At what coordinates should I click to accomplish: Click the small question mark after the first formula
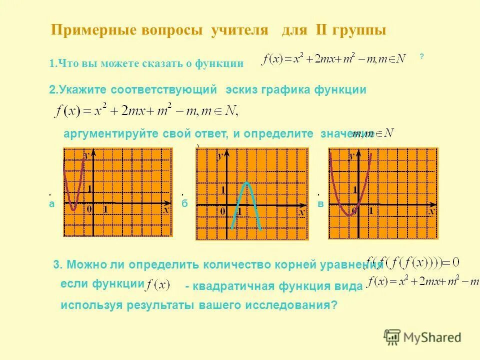pyautogui.click(x=422, y=57)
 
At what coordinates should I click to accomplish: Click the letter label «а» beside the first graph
pyautogui.click(x=51, y=203)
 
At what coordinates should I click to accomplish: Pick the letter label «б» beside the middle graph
pyautogui.click(x=184, y=204)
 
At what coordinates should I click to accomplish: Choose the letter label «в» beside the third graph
pyautogui.click(x=320, y=204)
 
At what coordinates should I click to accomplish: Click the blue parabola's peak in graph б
pyautogui.click(x=246, y=183)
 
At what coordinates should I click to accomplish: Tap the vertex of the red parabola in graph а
pyautogui.click(x=73, y=209)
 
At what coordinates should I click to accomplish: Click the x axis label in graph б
pyautogui.click(x=301, y=212)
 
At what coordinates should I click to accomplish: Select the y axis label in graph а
pyautogui.click(x=86, y=155)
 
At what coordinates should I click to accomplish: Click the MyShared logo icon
pyautogui.click(x=392, y=337)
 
